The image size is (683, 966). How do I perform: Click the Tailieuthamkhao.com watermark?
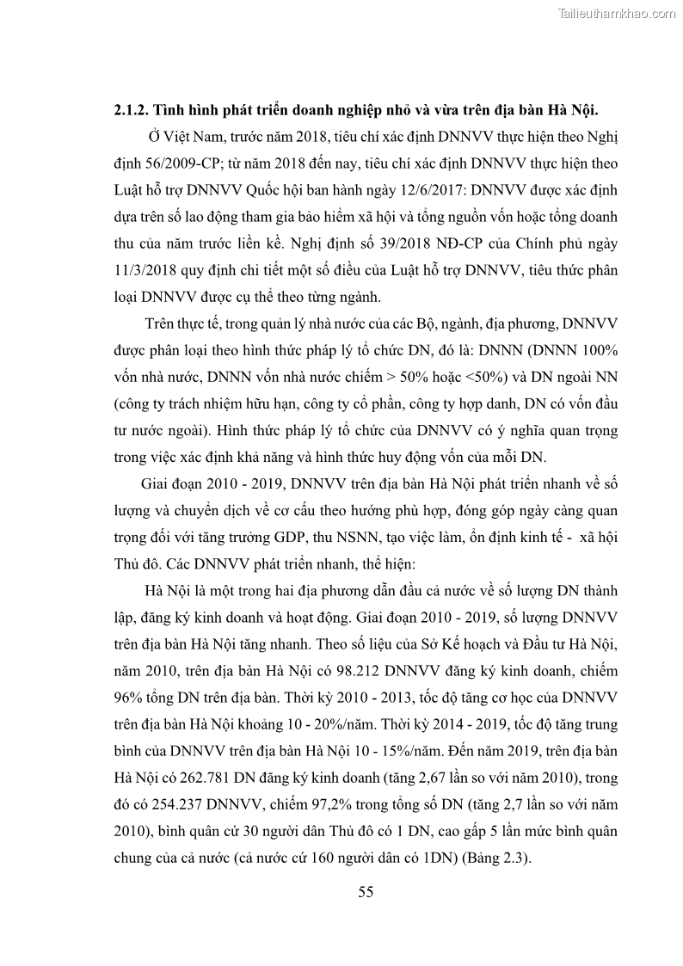coord(617,13)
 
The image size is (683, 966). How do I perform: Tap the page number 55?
coord(366,891)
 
